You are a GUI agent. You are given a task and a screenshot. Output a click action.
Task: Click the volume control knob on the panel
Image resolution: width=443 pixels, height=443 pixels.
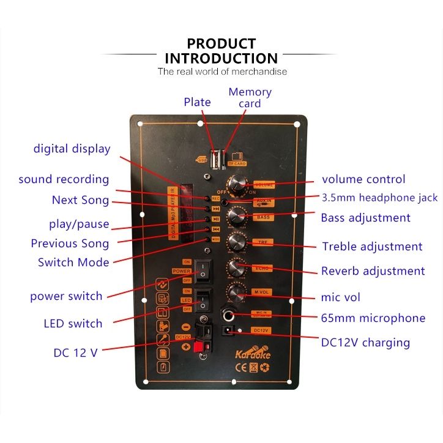237,184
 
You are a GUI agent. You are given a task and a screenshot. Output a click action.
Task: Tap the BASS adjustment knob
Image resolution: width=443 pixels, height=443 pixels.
236,217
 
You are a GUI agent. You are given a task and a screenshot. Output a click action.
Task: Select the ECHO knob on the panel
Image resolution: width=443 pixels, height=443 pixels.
236,267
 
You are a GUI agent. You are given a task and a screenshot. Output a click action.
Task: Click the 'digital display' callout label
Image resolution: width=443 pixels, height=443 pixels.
72,148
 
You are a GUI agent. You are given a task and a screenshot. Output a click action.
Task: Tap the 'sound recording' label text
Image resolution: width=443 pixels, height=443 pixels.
64,179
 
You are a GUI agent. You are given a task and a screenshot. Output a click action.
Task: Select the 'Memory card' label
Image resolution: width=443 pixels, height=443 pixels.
250,97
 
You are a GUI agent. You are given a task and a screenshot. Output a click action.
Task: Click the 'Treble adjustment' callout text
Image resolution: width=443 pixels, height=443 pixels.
372,247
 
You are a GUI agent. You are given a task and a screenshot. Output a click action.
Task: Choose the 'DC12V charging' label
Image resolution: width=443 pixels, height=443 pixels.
365,342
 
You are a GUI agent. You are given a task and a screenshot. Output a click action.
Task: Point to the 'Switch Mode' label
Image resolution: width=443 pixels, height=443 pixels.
73,262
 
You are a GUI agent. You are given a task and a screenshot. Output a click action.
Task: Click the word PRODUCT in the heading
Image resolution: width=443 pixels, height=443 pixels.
221,43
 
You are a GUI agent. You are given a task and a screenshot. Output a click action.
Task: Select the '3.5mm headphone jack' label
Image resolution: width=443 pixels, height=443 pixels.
379,197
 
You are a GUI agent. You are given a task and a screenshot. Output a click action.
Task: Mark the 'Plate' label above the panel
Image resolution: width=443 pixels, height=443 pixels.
197,102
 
